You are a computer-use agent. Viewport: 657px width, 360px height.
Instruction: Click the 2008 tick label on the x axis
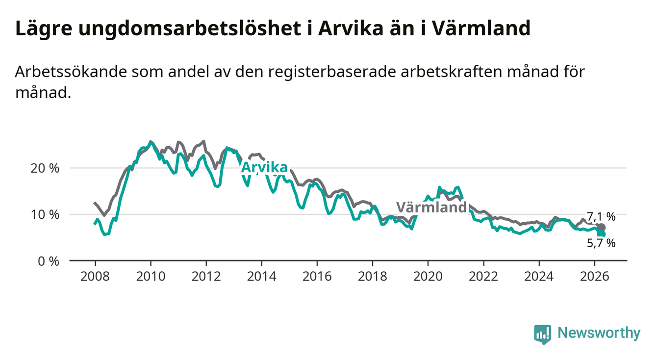(x=95, y=277)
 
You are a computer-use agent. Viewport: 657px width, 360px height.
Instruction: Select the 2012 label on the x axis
(x=206, y=277)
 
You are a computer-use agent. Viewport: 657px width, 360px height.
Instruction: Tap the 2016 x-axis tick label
(x=317, y=277)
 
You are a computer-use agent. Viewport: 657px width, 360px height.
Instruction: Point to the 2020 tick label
(x=428, y=277)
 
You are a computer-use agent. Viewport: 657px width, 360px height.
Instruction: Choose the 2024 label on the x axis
(x=539, y=277)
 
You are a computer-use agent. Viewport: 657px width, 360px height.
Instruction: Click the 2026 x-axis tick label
(x=594, y=277)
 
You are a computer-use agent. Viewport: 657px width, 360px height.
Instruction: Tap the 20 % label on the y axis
(x=45, y=168)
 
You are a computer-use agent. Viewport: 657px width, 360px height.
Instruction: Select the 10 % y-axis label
(x=45, y=215)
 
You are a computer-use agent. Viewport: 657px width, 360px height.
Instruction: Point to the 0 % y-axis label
(x=49, y=261)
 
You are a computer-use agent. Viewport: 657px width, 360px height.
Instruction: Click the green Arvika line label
(x=264, y=168)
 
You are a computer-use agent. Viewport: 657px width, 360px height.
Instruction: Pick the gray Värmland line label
(x=431, y=208)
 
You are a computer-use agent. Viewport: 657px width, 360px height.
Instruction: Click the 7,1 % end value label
(x=601, y=216)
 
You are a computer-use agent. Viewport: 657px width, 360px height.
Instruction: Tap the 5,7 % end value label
(x=601, y=243)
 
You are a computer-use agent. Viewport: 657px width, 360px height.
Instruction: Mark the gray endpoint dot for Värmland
(x=601, y=228)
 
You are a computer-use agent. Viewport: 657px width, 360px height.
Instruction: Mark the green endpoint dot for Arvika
(x=601, y=234)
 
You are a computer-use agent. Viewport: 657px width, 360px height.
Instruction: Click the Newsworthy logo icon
(x=543, y=334)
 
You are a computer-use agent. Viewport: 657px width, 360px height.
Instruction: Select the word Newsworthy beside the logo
(x=599, y=333)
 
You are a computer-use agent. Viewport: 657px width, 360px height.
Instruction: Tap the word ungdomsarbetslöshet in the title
(x=189, y=28)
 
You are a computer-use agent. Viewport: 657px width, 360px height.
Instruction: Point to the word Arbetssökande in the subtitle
(x=71, y=72)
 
